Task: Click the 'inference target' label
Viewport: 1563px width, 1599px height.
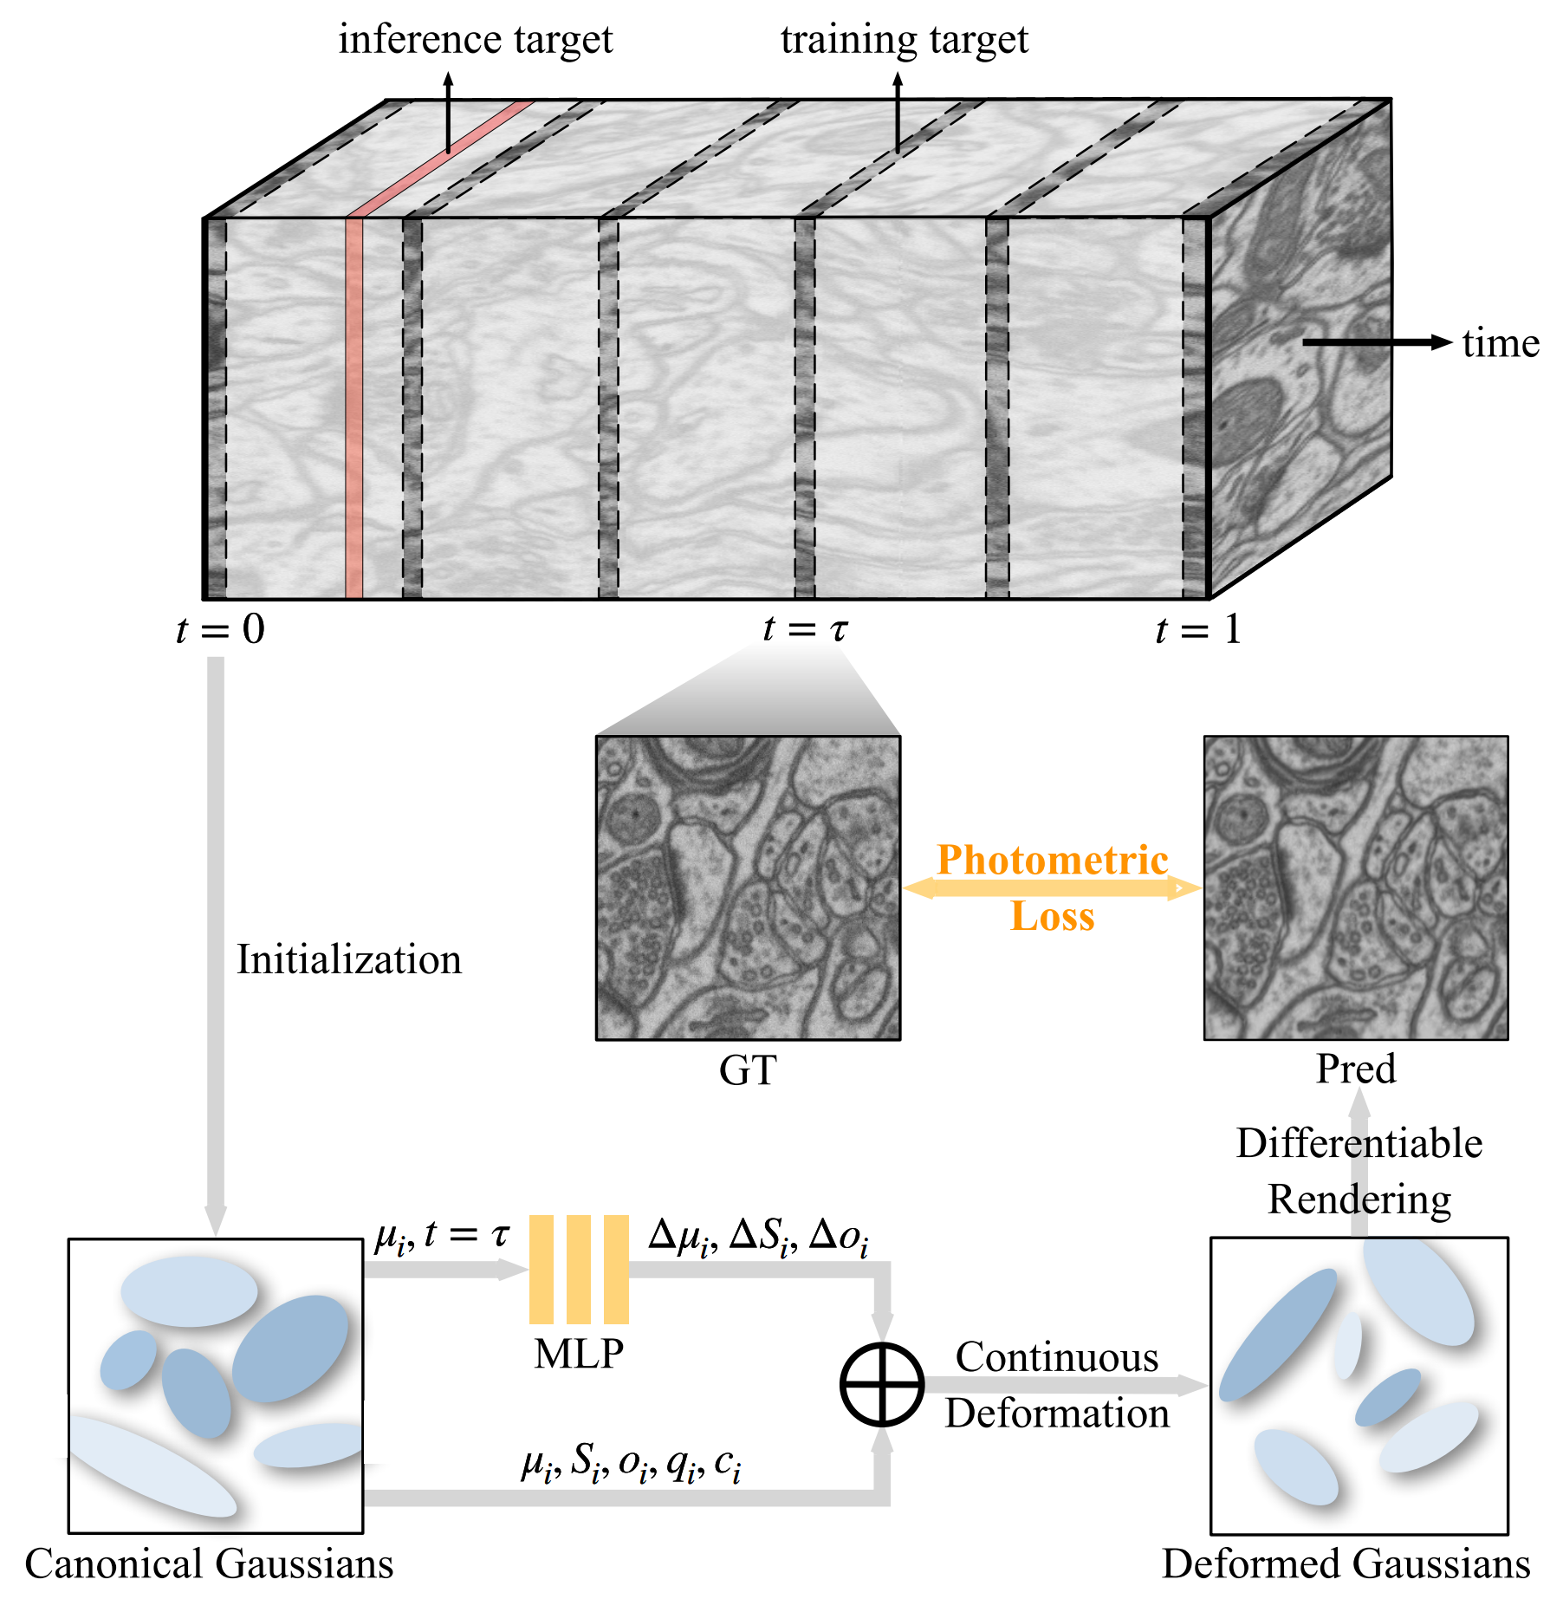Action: pos(475,40)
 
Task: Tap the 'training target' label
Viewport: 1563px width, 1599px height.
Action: pos(904,40)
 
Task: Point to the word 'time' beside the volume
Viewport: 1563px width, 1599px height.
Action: pos(1501,343)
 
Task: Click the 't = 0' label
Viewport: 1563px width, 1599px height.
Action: pos(220,629)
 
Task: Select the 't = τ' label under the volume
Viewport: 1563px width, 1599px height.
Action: pos(805,629)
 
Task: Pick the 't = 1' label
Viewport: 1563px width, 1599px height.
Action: pos(1198,629)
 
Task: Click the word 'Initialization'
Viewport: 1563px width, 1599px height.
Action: pos(349,959)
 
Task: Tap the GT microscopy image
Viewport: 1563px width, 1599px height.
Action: pos(748,887)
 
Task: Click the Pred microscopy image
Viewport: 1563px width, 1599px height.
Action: pos(1355,887)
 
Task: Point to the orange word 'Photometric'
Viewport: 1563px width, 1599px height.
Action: pos(1053,860)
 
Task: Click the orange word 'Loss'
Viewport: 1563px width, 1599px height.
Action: pos(1053,916)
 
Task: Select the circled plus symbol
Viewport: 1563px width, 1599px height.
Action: pos(882,1384)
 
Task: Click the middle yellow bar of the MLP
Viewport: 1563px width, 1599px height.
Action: pos(579,1269)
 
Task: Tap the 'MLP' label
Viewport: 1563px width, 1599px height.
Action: pos(579,1354)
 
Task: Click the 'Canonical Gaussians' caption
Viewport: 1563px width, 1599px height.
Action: pos(209,1563)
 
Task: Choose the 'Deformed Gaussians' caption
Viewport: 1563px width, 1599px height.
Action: pos(1346,1563)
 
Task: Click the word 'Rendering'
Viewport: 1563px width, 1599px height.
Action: pos(1359,1199)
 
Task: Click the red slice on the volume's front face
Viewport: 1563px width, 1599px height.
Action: pos(353,407)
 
